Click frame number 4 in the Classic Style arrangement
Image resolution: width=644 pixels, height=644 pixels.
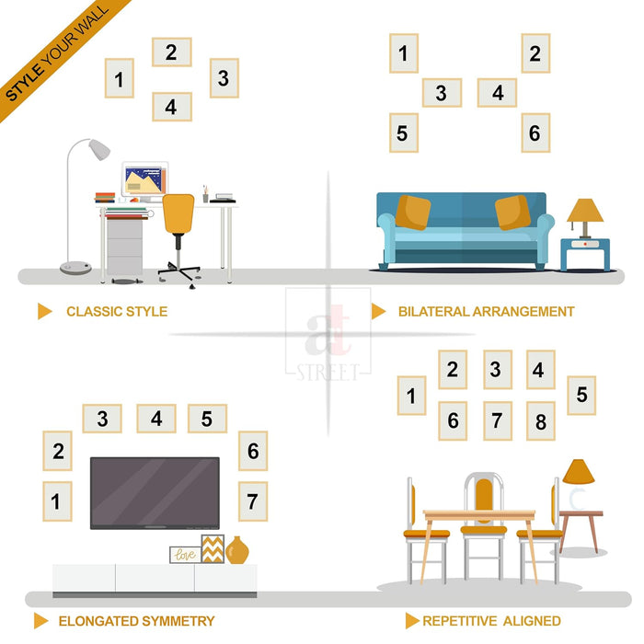[x=172, y=107]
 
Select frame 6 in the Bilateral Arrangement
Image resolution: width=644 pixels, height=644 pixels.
[x=535, y=132]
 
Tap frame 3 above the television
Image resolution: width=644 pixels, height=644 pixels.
[x=102, y=419]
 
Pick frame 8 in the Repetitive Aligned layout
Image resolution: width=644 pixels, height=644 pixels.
[x=541, y=421]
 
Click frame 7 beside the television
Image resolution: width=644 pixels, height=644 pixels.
[x=253, y=501]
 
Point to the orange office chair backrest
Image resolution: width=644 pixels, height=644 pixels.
[x=178, y=213]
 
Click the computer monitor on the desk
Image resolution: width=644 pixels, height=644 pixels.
[x=145, y=179]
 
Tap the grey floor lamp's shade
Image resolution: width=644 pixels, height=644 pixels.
[x=99, y=149]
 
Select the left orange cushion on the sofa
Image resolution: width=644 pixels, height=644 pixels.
[x=413, y=213]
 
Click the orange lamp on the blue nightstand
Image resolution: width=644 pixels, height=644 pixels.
[x=585, y=218]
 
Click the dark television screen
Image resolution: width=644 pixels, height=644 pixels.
[x=155, y=493]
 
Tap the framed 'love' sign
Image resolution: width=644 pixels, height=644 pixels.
[x=185, y=555]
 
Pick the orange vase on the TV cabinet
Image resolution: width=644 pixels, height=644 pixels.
[x=237, y=550]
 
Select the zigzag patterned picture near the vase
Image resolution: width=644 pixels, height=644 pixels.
[x=213, y=548]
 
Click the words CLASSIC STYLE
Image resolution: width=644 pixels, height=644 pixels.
[x=117, y=312]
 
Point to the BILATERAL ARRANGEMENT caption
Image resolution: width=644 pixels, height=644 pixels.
[x=487, y=312]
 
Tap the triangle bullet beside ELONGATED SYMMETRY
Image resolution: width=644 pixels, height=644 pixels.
[x=40, y=621]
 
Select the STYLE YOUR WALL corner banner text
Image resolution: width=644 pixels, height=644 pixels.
[x=57, y=53]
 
